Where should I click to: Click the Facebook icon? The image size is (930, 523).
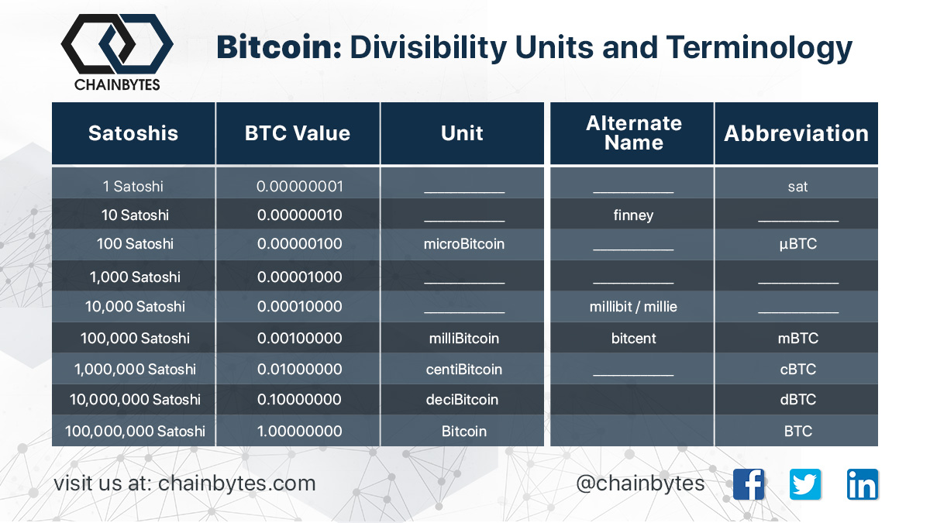point(749,484)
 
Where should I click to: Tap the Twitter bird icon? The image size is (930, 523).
point(805,484)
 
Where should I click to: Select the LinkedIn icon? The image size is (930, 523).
point(863,484)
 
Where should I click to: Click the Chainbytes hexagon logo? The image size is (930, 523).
point(117,44)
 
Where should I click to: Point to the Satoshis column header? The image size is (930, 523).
point(133,133)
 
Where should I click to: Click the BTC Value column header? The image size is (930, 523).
point(298,133)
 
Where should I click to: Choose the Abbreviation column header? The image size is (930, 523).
point(797,133)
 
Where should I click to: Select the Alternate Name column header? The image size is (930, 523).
point(634,132)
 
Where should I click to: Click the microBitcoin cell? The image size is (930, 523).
point(464,243)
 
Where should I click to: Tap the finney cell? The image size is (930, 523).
point(634,215)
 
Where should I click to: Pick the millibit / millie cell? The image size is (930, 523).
point(634,307)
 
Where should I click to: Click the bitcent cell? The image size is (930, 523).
point(634,339)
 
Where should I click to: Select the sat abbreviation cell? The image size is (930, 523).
point(798,187)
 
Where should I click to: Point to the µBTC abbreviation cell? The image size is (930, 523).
point(798,243)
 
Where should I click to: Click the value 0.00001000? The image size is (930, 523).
point(299,277)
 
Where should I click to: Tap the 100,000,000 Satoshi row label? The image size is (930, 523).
point(135,432)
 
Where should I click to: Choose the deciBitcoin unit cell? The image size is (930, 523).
point(462,399)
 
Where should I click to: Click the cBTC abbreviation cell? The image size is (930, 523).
point(798,369)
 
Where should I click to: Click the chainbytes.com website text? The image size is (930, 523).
point(236,483)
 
